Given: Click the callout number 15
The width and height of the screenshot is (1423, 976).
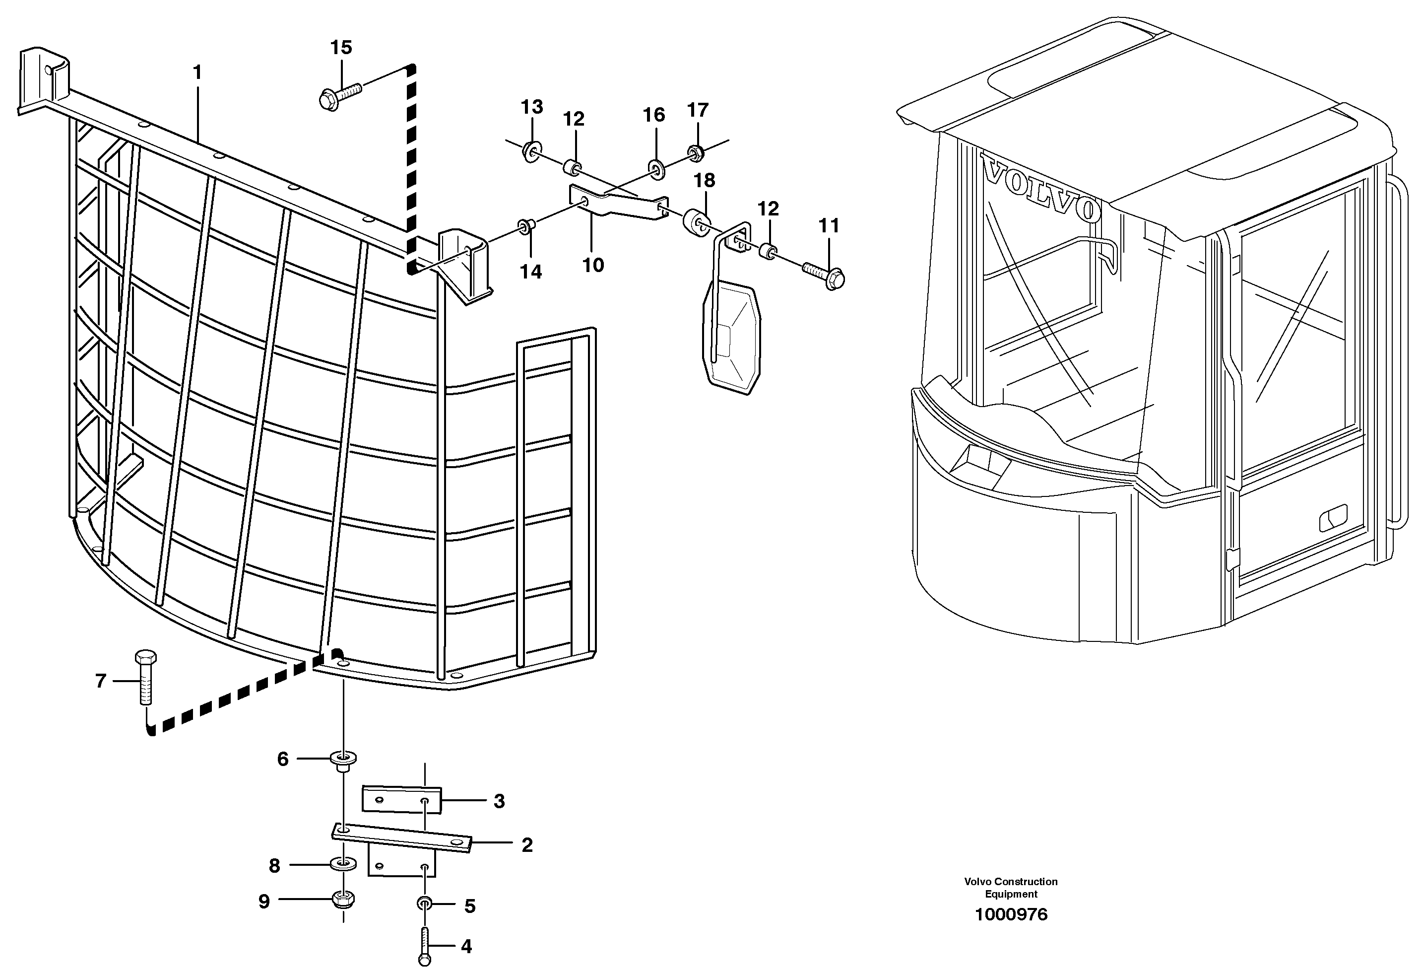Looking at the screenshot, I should pos(341,47).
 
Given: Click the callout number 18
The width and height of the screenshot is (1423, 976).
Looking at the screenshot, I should pos(705,180).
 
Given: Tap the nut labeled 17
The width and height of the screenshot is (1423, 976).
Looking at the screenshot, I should pos(695,152).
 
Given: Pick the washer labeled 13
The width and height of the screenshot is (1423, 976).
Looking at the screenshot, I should pos(531,150).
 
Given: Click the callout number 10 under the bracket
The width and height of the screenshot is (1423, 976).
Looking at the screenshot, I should pos(593,265).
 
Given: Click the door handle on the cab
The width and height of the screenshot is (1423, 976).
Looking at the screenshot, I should pos(1333,520).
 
